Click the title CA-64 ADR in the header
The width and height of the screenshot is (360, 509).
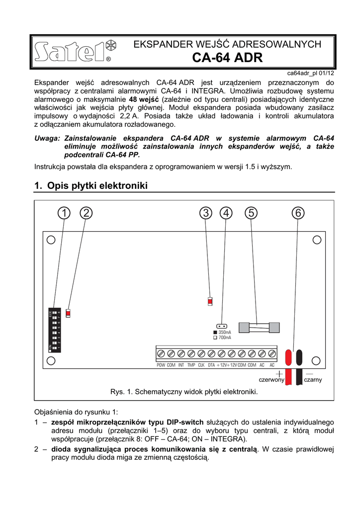[x=227, y=58]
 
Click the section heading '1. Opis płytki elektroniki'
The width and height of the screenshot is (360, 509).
[x=91, y=186]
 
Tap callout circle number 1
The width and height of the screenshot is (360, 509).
[x=64, y=213]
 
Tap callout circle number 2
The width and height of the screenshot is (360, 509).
[x=86, y=213]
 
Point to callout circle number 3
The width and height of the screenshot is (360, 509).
[x=205, y=213]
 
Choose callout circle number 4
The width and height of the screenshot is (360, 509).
[x=226, y=213]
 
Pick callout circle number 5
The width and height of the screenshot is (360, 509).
[x=251, y=213]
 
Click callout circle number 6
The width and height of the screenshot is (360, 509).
[x=297, y=213]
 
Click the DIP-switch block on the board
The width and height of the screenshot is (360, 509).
[x=55, y=330]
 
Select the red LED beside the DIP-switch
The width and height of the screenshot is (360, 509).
[x=68, y=313]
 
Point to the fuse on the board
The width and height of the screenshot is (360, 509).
[x=257, y=327]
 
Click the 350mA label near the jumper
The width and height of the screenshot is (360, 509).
[x=225, y=332]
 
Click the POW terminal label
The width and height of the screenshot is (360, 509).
[x=161, y=365]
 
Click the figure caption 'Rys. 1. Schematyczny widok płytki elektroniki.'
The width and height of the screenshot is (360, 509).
[x=184, y=392]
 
